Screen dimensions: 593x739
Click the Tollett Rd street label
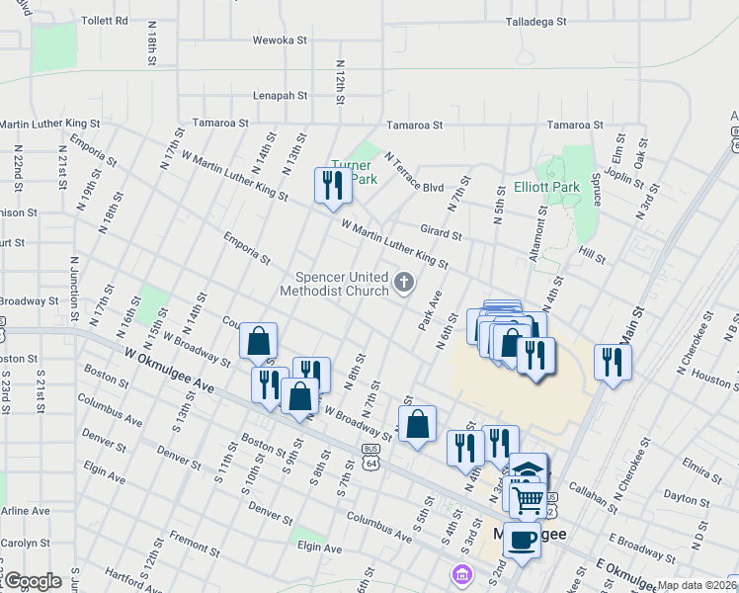[105, 20]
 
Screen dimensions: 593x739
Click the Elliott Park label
[546, 187]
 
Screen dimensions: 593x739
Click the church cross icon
[403, 284]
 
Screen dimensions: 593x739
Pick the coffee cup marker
[524, 540]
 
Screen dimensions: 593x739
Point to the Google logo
[32, 581]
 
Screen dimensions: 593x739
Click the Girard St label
[441, 234]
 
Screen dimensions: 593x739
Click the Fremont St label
[188, 540]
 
